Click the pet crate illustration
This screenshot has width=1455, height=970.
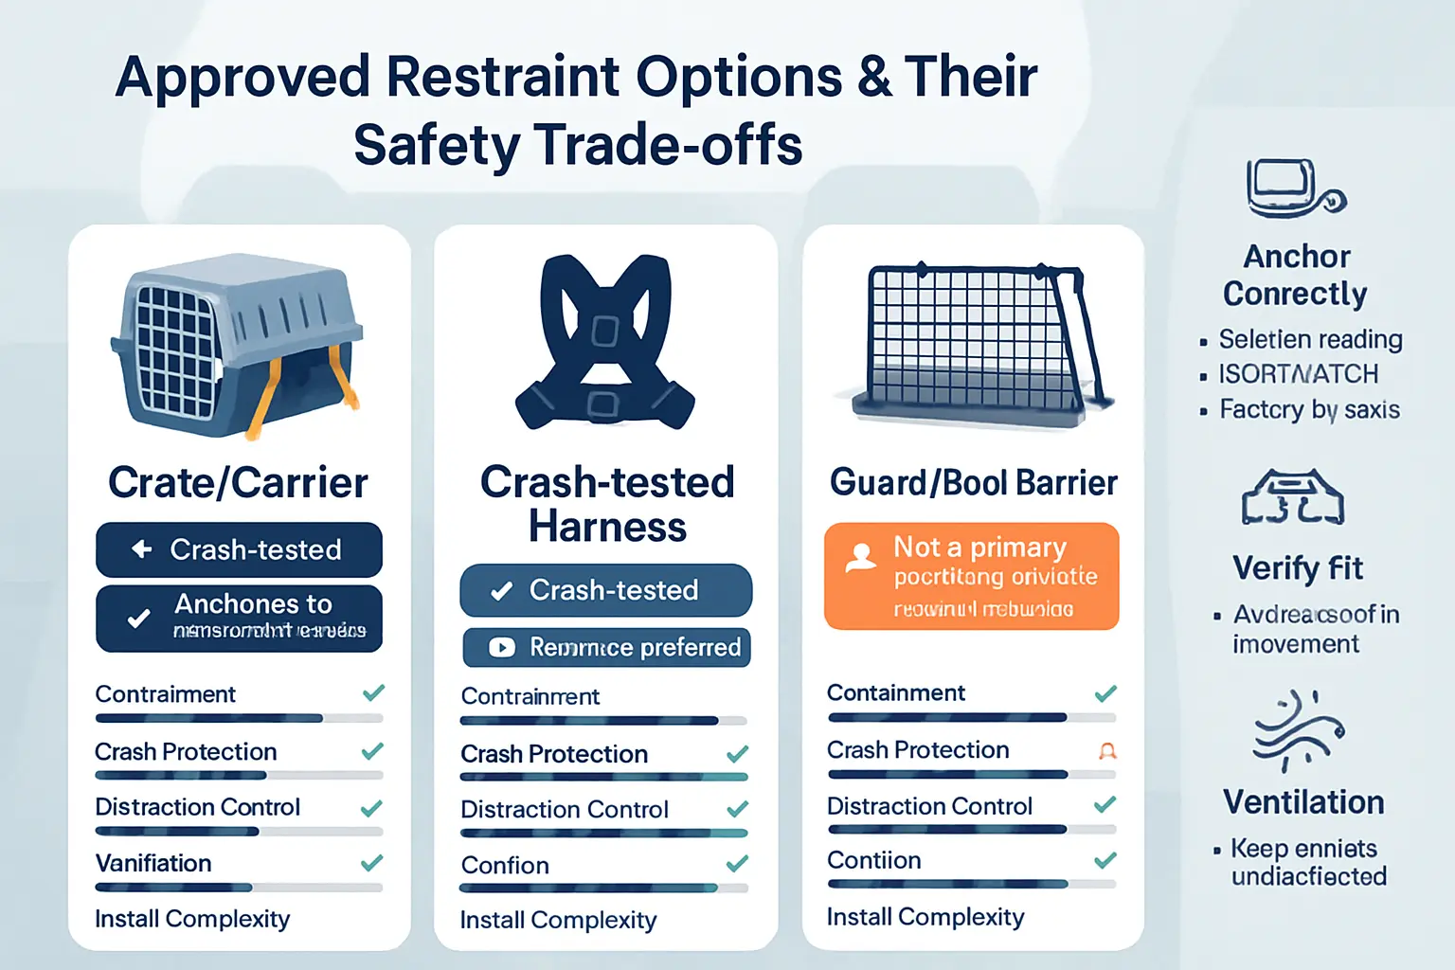237,346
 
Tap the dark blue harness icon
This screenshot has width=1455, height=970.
605,343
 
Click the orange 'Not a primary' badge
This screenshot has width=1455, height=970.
972,576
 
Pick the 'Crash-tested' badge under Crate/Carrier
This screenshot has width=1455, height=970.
239,549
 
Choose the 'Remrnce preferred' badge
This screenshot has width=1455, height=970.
606,647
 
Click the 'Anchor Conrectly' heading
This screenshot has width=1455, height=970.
1295,275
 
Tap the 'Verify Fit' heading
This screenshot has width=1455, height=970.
1297,568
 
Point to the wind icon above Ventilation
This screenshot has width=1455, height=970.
1298,729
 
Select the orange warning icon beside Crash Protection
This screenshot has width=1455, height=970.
1106,751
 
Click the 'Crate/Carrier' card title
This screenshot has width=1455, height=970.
238,483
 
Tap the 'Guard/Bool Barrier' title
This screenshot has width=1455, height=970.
974,483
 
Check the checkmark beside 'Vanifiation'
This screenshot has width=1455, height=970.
372,863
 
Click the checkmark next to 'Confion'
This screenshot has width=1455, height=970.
737,864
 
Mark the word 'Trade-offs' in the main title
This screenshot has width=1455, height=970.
669,146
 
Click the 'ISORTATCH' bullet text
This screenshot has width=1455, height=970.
1298,374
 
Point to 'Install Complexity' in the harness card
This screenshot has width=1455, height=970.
558,920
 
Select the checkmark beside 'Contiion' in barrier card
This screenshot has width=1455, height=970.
1105,860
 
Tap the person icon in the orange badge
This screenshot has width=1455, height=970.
860,557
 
